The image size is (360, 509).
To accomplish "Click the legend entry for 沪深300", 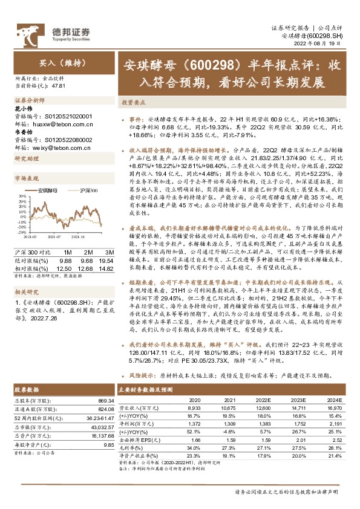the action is pyautogui.click(x=88, y=190).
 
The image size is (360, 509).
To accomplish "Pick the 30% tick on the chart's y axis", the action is pyautogui.click(x=22, y=196).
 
